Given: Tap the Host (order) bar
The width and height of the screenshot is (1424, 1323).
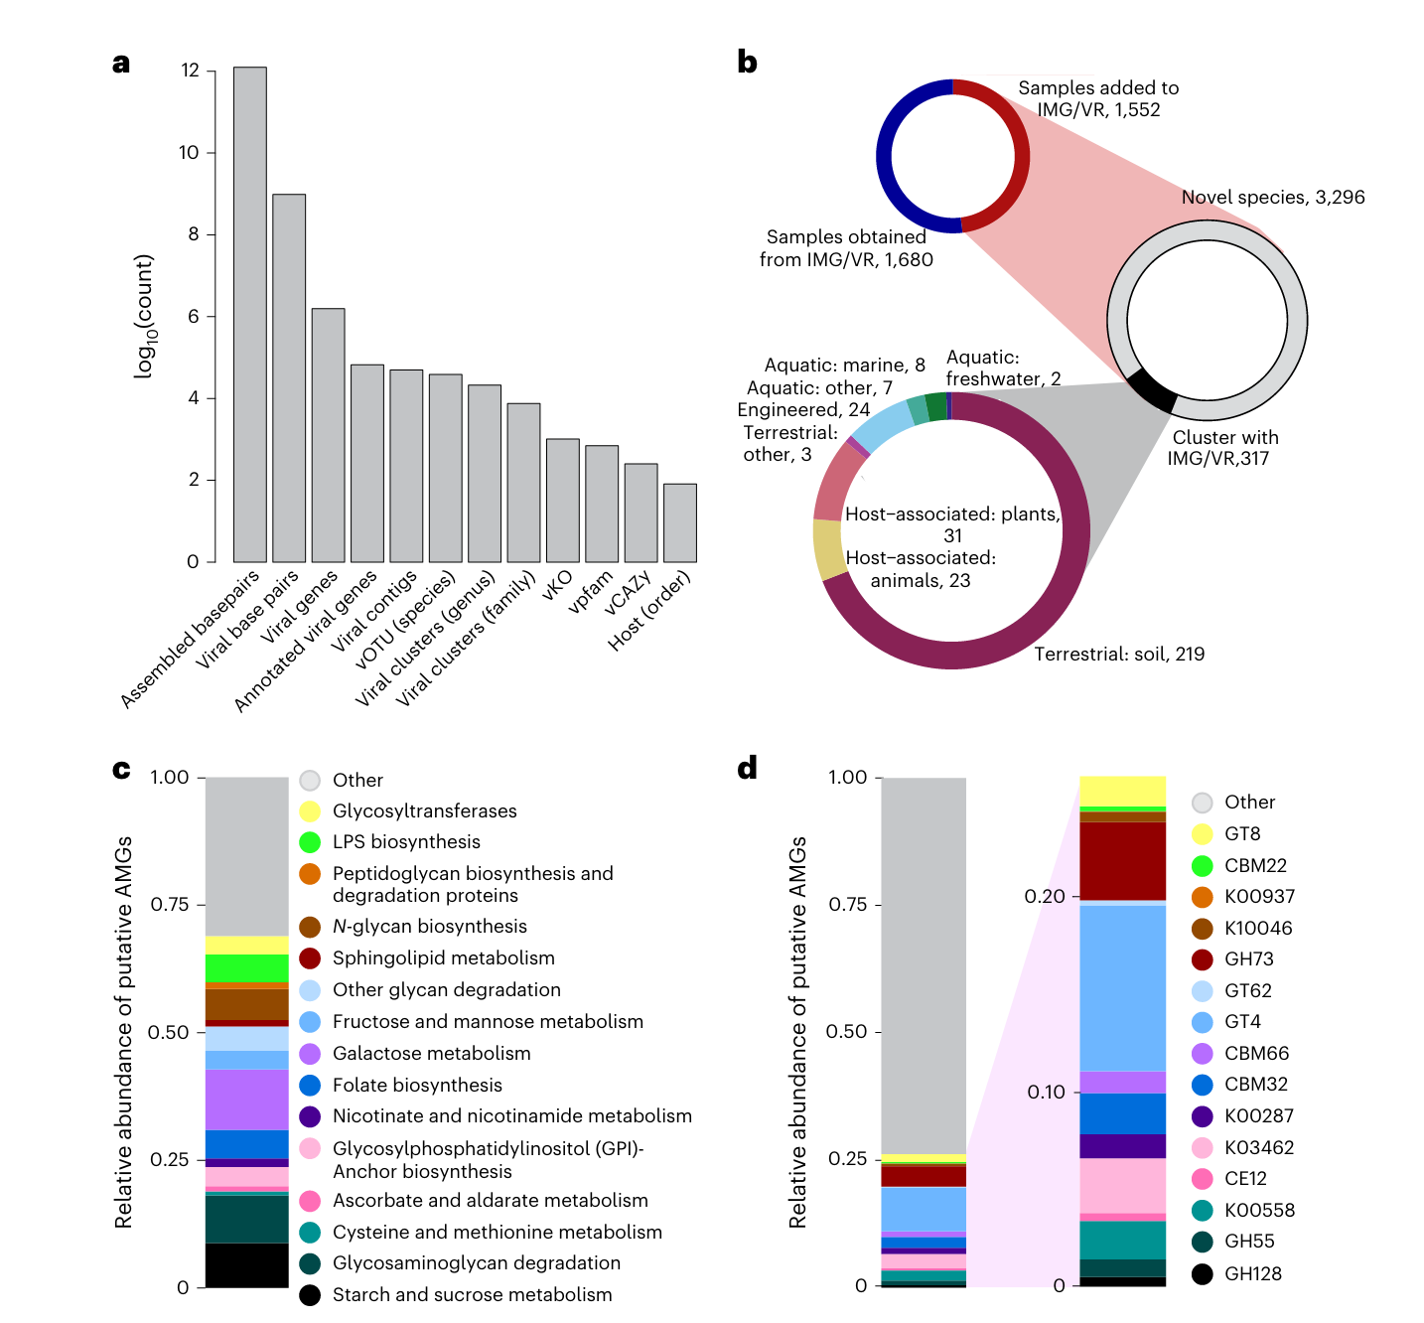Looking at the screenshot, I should pyautogui.click(x=680, y=522).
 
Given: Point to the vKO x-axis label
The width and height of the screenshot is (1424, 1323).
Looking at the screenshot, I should pyautogui.click(x=557, y=585).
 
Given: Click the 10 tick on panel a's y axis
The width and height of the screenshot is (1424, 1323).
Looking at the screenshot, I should pyautogui.click(x=189, y=152).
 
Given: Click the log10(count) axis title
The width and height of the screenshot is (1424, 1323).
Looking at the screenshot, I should pyautogui.click(x=145, y=316).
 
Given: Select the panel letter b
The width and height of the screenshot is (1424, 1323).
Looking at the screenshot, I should pyautogui.click(x=747, y=63).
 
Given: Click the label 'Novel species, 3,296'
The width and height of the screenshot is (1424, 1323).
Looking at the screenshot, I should pyautogui.click(x=1272, y=198).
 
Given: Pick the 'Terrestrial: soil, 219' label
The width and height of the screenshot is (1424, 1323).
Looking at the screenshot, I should pyautogui.click(x=1119, y=654).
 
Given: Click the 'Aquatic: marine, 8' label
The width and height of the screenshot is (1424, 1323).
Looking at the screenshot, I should pyautogui.click(x=844, y=366).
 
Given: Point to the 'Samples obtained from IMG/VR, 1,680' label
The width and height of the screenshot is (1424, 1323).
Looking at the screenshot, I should pyautogui.click(x=846, y=248).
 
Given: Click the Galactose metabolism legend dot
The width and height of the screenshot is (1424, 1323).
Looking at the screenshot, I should pyautogui.click(x=310, y=1054).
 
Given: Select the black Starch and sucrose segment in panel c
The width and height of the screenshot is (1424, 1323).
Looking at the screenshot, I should pyautogui.click(x=246, y=1264).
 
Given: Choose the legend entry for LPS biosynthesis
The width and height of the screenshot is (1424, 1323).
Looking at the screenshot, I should pyautogui.click(x=406, y=842).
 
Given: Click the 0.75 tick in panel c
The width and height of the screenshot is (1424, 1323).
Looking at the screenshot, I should pyautogui.click(x=169, y=905).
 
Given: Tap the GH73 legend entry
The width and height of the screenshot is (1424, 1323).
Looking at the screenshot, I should pyautogui.click(x=1248, y=959).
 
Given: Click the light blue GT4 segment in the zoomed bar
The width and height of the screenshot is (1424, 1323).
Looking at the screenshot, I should pyautogui.click(x=1122, y=988).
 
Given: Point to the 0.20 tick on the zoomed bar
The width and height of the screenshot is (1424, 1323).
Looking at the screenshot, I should pyautogui.click(x=1045, y=897).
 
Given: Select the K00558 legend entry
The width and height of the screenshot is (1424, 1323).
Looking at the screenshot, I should pyautogui.click(x=1259, y=1211).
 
